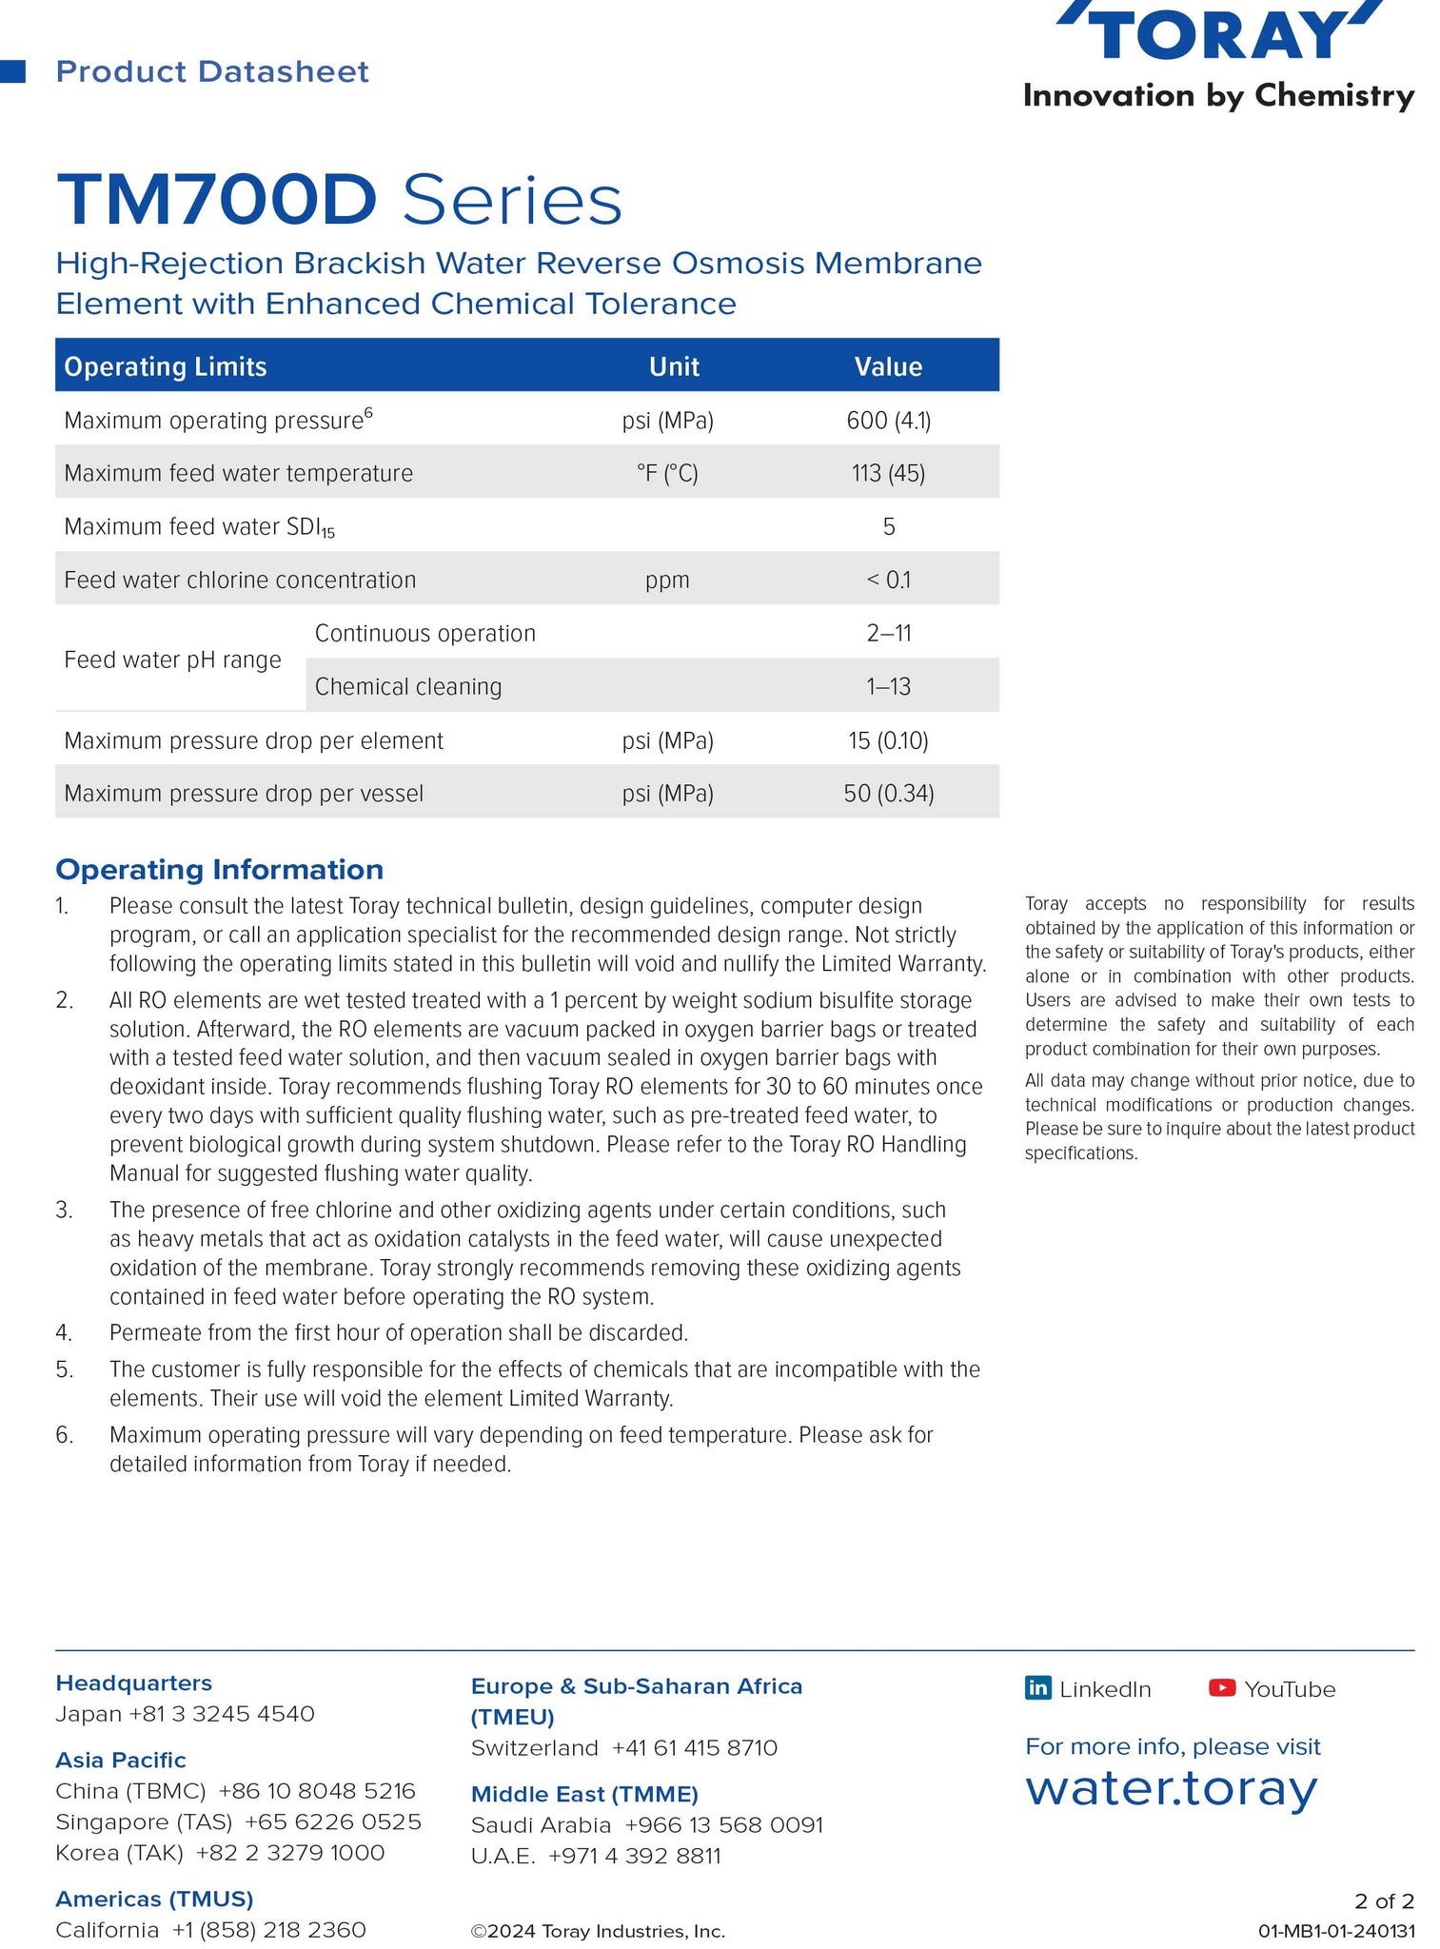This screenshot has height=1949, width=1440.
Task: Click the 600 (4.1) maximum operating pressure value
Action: (888, 421)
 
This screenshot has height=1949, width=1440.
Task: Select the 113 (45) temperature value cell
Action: (888, 473)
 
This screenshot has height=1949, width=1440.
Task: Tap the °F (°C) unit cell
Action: (667, 473)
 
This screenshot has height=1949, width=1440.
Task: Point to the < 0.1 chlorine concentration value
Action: (888, 580)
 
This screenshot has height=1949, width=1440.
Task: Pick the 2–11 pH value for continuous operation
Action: (888, 633)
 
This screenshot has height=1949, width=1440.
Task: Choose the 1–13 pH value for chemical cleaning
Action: (888, 686)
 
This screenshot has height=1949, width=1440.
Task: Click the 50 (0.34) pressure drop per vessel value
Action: (888, 793)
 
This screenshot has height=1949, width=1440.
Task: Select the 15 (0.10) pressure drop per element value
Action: (888, 740)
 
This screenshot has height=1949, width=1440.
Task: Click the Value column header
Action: (888, 366)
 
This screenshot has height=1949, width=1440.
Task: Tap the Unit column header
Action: (674, 366)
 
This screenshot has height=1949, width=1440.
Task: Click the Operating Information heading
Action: (220, 869)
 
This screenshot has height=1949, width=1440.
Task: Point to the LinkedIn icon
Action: (1037, 1688)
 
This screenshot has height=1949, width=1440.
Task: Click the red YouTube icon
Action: (1222, 1688)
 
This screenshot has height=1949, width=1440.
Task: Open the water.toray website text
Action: (1171, 1789)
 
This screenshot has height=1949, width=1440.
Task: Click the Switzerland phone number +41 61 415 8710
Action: (694, 1748)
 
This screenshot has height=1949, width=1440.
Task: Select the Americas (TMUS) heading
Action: (154, 1899)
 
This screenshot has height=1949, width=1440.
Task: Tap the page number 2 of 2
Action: (1384, 1900)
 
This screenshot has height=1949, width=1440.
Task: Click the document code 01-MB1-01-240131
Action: (1336, 1931)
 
